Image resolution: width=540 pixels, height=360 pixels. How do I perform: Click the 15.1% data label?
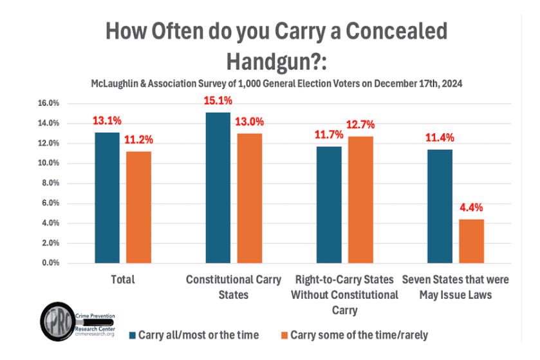coord(218,101)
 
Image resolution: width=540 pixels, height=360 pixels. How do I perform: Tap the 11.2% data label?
coord(138,140)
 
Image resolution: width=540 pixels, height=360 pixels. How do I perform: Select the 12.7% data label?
coord(360,125)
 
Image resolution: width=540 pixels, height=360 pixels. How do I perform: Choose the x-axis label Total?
coord(122,279)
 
